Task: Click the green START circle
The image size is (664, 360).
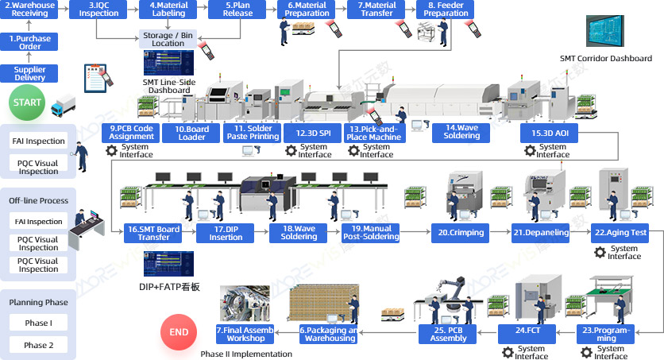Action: (27, 103)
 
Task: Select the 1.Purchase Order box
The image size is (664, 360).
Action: (30, 42)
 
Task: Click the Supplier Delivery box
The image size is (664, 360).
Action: (30, 73)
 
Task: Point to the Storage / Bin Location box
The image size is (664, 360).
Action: (168, 39)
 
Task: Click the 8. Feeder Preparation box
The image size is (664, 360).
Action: (446, 10)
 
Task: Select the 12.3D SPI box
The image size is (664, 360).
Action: (312, 133)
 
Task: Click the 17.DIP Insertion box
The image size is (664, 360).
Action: (226, 233)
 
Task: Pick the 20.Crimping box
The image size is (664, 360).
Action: (459, 233)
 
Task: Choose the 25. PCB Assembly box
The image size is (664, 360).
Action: (449, 334)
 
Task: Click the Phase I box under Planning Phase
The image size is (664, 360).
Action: (38, 323)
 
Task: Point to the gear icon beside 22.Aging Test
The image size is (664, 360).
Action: (600, 252)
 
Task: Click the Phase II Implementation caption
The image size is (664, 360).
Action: (246, 354)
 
